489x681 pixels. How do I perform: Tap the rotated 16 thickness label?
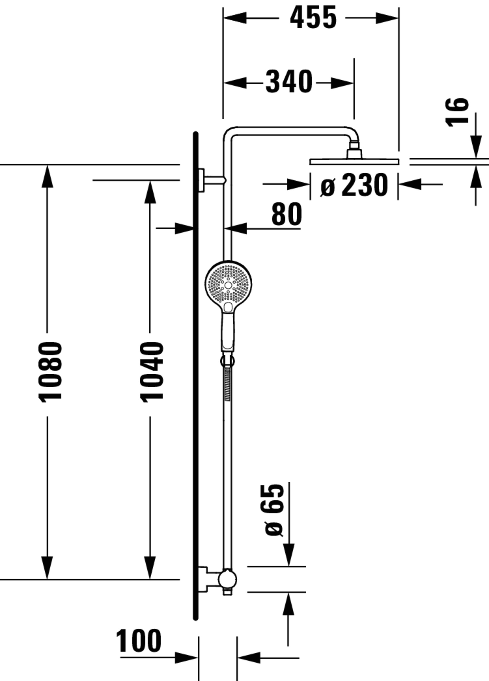457,113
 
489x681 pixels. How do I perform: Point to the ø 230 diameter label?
354,185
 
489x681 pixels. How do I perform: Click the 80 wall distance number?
287,214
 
